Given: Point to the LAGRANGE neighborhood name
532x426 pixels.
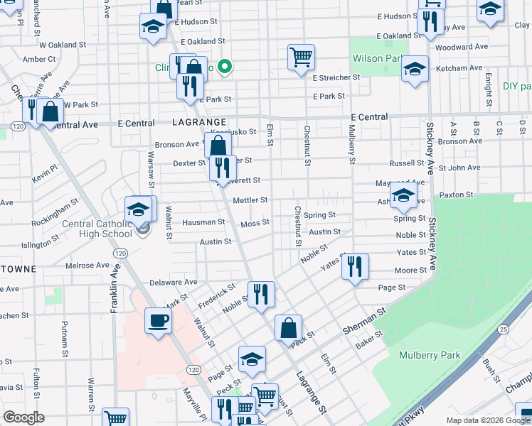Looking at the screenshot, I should coord(200,123).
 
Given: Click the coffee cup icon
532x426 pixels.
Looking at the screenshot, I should coord(158,320).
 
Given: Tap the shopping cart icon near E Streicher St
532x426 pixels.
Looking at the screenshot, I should coord(302,57).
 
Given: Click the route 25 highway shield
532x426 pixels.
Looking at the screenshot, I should coord(504,329).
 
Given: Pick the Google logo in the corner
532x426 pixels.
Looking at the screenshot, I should coord(23,417).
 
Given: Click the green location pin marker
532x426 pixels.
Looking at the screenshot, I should coord(225,67).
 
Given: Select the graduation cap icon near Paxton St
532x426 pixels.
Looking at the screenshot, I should coord(403,195).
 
